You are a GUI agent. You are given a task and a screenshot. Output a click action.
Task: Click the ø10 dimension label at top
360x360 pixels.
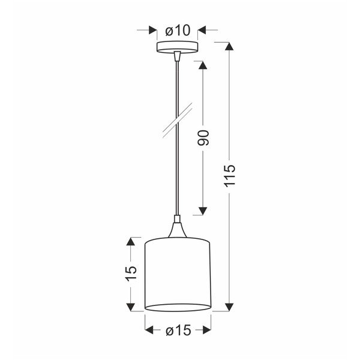(x=178, y=30)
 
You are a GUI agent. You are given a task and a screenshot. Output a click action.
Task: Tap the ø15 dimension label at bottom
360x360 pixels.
(x=178, y=330)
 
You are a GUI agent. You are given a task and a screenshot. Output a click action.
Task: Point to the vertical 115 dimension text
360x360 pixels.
(x=230, y=176)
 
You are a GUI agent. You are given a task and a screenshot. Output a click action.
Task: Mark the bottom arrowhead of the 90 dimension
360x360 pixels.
(x=202, y=210)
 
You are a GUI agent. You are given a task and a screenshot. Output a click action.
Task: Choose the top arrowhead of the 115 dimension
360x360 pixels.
(x=228, y=46)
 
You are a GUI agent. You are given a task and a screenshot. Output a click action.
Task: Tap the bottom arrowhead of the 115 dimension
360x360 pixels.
(x=228, y=307)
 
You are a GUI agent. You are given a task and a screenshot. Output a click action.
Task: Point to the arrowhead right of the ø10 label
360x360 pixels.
(x=202, y=30)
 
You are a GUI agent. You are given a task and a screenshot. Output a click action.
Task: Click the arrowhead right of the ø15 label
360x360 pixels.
(x=207, y=330)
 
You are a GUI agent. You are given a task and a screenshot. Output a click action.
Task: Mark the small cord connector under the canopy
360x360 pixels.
(x=177, y=56)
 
